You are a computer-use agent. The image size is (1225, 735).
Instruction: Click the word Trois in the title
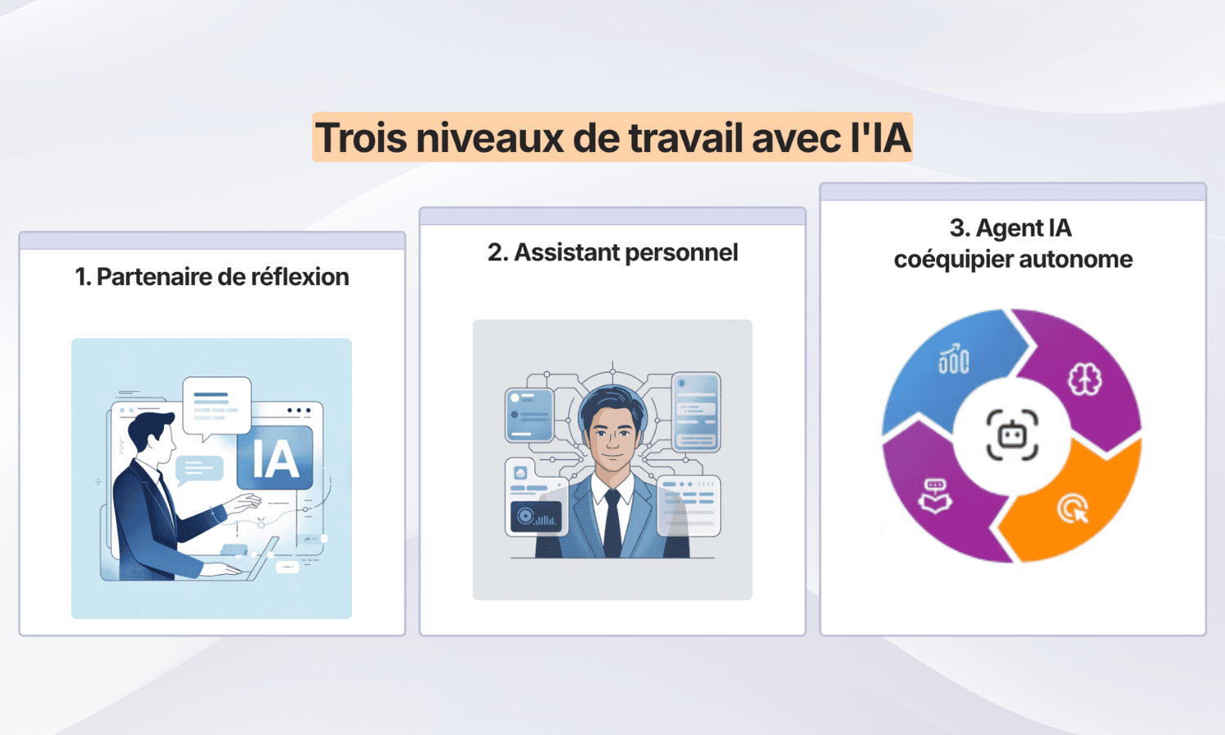(x=361, y=137)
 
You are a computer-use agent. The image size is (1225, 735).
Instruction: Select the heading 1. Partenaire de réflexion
(x=212, y=277)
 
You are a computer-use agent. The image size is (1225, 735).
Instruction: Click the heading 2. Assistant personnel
(x=612, y=252)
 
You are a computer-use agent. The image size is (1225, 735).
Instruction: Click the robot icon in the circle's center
(x=1013, y=435)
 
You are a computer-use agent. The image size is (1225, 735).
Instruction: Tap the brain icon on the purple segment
(x=1085, y=379)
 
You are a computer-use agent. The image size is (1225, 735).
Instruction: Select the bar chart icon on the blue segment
(x=953, y=359)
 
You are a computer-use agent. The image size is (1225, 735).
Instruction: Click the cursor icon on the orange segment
(x=1073, y=509)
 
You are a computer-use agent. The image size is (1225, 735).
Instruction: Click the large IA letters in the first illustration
(x=275, y=459)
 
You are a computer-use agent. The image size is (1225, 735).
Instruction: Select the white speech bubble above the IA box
(x=216, y=404)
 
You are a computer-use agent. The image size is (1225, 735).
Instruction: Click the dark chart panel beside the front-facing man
(x=536, y=517)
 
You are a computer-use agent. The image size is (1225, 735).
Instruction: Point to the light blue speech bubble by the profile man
(x=198, y=469)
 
